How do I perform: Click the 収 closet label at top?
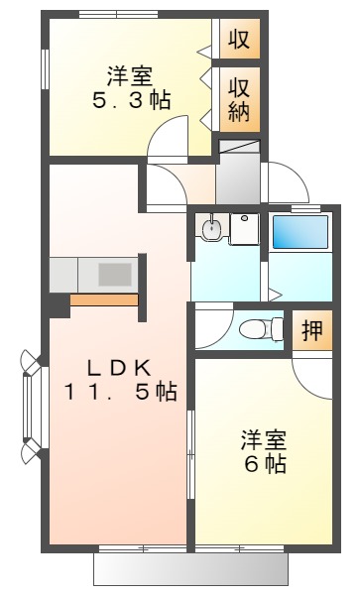point(238,41)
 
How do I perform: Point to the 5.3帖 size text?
point(131,100)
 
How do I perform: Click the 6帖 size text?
point(263,462)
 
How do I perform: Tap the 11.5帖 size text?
point(120,393)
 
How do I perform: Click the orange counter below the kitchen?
point(105,299)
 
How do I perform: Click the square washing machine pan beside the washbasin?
point(243,229)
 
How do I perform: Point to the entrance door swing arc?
point(282,183)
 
